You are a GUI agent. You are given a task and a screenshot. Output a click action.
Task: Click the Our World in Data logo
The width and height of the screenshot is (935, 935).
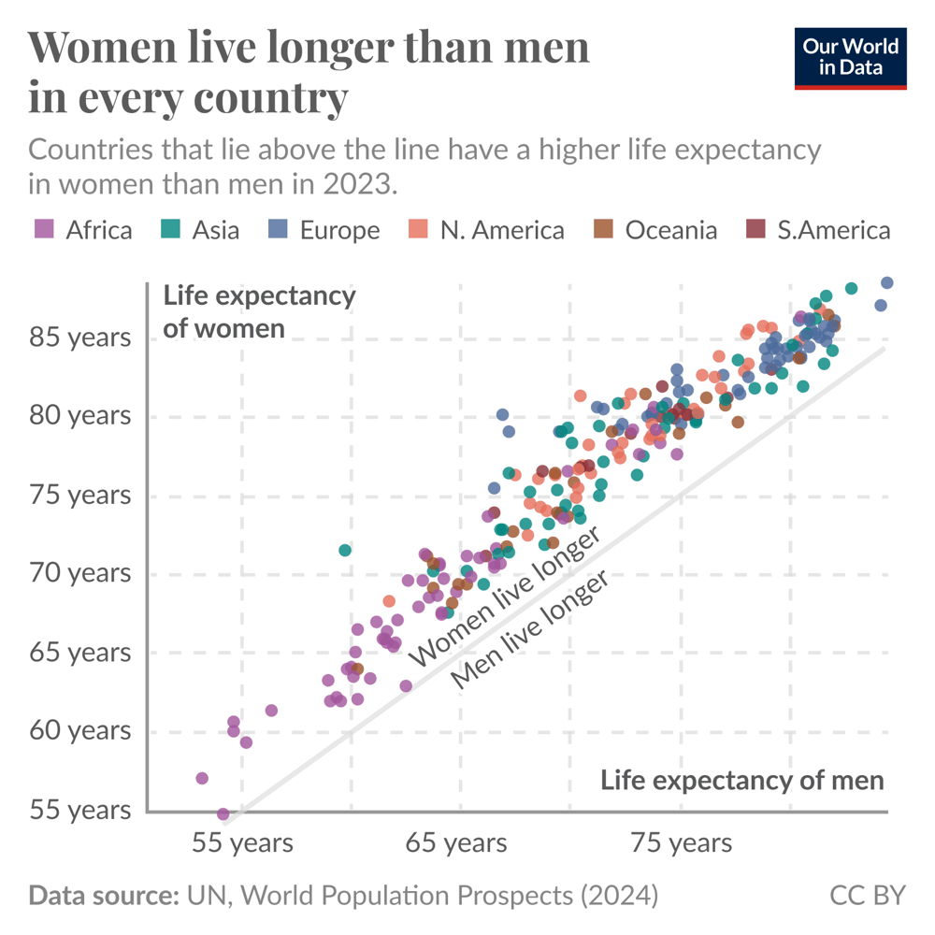pyautogui.click(x=850, y=58)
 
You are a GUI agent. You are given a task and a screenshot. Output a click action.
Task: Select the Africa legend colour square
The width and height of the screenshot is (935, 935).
pyautogui.click(x=44, y=229)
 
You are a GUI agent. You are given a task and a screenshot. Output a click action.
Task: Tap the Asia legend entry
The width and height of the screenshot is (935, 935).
pyautogui.click(x=200, y=230)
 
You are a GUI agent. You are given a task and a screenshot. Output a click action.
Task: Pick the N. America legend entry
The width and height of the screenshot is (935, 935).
pyautogui.click(x=486, y=230)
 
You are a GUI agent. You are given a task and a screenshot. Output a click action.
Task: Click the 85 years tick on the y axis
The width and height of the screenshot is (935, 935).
pyautogui.click(x=79, y=337)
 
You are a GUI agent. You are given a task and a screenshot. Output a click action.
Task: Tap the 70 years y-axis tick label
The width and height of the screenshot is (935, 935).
pyautogui.click(x=79, y=572)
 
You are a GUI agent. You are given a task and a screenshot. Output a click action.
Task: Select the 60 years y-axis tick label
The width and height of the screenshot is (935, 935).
pyautogui.click(x=79, y=730)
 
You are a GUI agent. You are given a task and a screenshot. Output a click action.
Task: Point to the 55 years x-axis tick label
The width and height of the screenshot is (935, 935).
pyautogui.click(x=242, y=843)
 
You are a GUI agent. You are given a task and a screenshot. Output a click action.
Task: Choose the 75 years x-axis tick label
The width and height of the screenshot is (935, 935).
pyautogui.click(x=682, y=843)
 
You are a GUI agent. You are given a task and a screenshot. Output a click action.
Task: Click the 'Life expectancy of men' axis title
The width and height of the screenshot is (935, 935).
pyautogui.click(x=741, y=780)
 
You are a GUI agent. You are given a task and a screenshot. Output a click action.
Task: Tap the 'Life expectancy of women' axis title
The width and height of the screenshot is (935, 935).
pyautogui.click(x=259, y=311)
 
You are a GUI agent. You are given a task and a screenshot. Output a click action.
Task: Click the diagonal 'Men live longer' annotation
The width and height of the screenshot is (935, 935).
pyautogui.click(x=530, y=629)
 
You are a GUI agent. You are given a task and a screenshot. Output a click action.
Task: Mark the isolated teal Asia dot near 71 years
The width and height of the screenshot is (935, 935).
pyautogui.click(x=345, y=550)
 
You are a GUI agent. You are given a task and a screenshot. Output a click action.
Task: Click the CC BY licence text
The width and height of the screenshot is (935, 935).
pyautogui.click(x=868, y=895)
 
